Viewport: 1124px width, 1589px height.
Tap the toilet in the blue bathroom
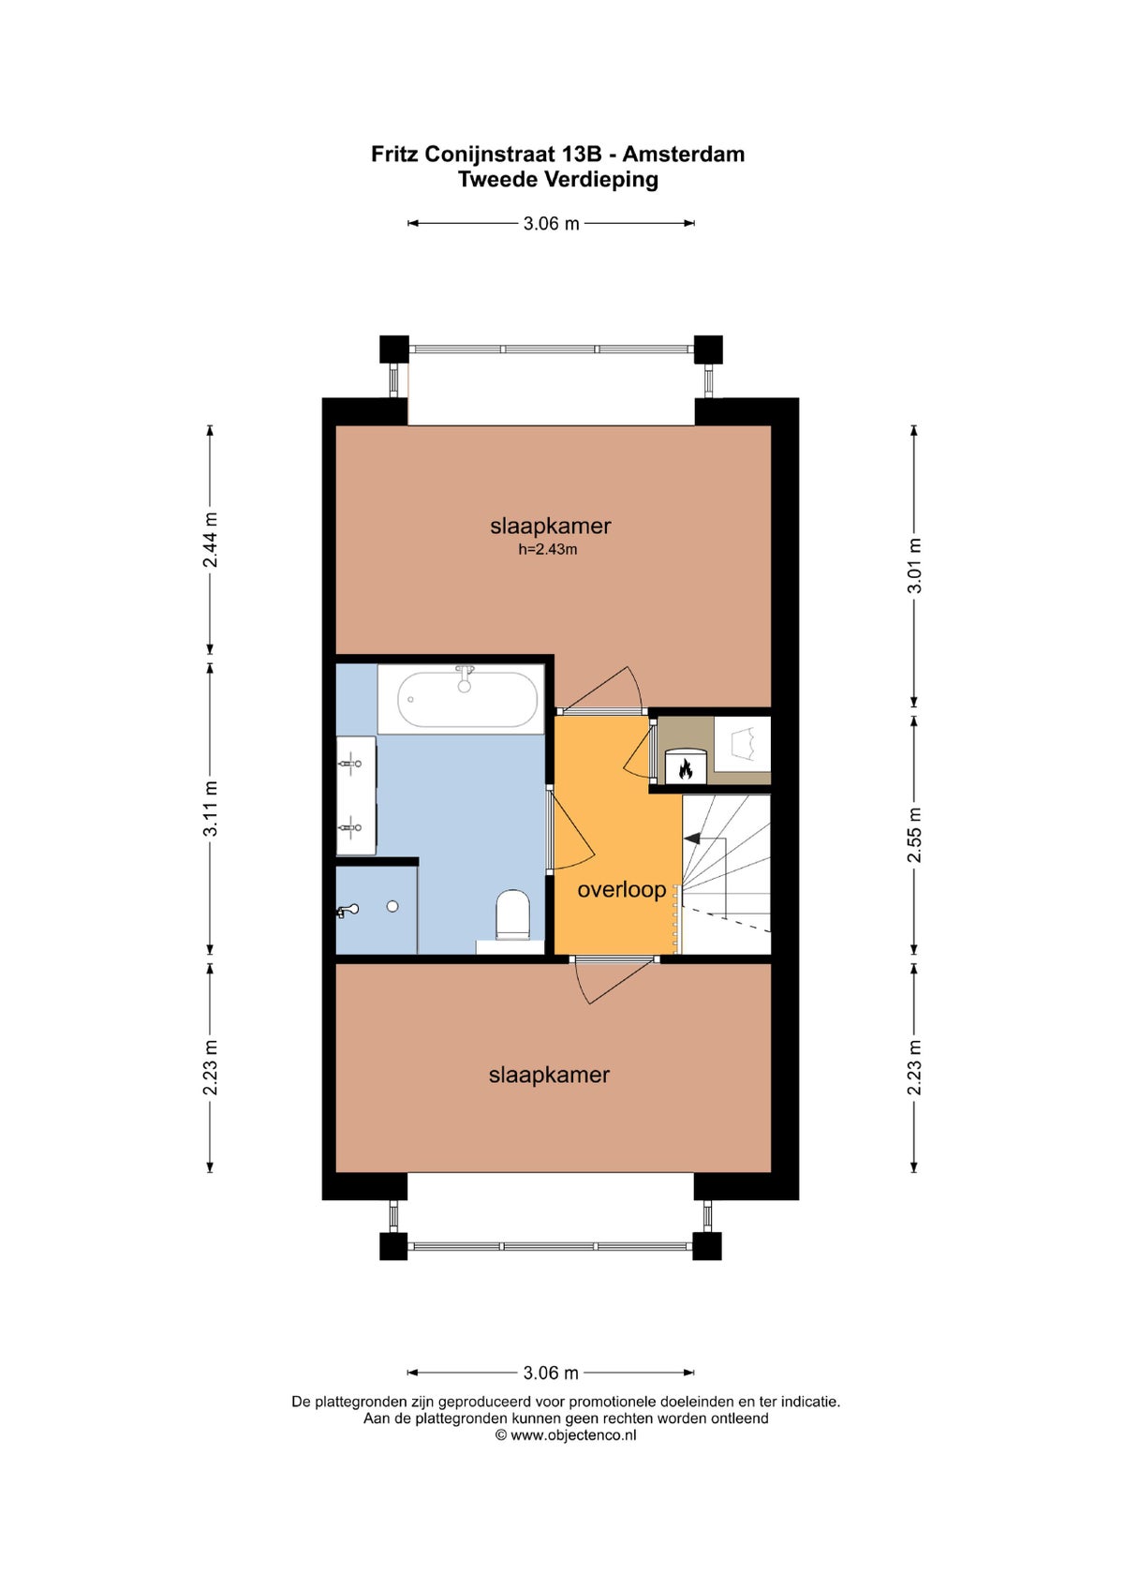[x=512, y=914]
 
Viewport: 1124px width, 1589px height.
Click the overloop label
[x=621, y=889]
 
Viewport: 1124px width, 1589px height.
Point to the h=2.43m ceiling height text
[x=547, y=549]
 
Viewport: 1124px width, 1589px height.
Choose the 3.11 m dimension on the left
[x=211, y=808]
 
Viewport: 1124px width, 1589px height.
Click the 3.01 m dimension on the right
[x=915, y=565]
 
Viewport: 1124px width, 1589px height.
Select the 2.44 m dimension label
[x=211, y=540]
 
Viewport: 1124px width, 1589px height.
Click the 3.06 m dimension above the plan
[x=551, y=223]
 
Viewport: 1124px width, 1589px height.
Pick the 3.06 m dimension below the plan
[x=551, y=1373]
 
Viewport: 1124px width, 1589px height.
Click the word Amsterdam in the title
[x=684, y=154]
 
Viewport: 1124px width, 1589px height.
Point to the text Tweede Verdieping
[x=558, y=180]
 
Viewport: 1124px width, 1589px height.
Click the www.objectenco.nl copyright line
[x=565, y=1435]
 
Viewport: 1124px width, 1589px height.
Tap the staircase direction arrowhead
[x=691, y=838]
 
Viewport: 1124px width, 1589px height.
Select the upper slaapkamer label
[x=551, y=526]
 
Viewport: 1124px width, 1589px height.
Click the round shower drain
[x=392, y=906]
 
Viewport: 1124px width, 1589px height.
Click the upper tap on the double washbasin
[x=350, y=764]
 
